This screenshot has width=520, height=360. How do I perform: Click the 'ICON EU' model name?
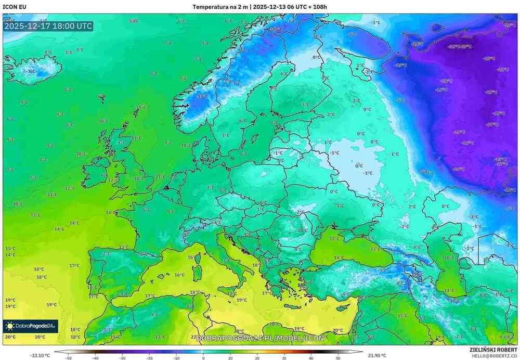coord(15,7)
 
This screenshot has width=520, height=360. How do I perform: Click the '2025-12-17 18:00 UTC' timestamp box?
coord(48,25)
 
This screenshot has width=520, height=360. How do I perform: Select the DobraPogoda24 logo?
coord(30,326)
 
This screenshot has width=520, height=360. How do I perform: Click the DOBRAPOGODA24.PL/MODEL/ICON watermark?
coord(260,338)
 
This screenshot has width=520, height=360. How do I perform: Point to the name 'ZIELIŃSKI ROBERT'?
coord(493,350)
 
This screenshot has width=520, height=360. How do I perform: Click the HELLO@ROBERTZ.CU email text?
coord(494,356)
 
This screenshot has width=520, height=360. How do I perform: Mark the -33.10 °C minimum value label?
coord(40,355)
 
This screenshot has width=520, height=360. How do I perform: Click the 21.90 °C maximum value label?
coord(376,355)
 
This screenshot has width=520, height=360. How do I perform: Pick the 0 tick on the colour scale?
coord(203,358)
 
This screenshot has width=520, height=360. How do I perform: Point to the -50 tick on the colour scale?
coord(68,358)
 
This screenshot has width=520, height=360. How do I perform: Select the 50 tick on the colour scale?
coord(338,358)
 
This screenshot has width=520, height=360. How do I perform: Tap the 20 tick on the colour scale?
coord(257,358)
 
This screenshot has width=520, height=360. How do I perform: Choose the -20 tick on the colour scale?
coord(149,358)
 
